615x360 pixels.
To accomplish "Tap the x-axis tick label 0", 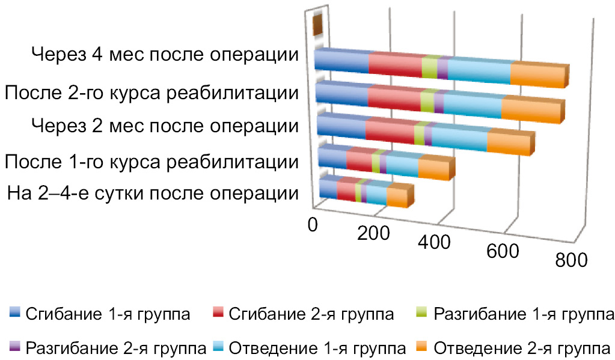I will click(313, 224).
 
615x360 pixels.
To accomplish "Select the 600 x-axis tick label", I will click(503, 251).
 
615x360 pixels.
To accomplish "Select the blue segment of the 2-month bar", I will click(340, 129).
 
